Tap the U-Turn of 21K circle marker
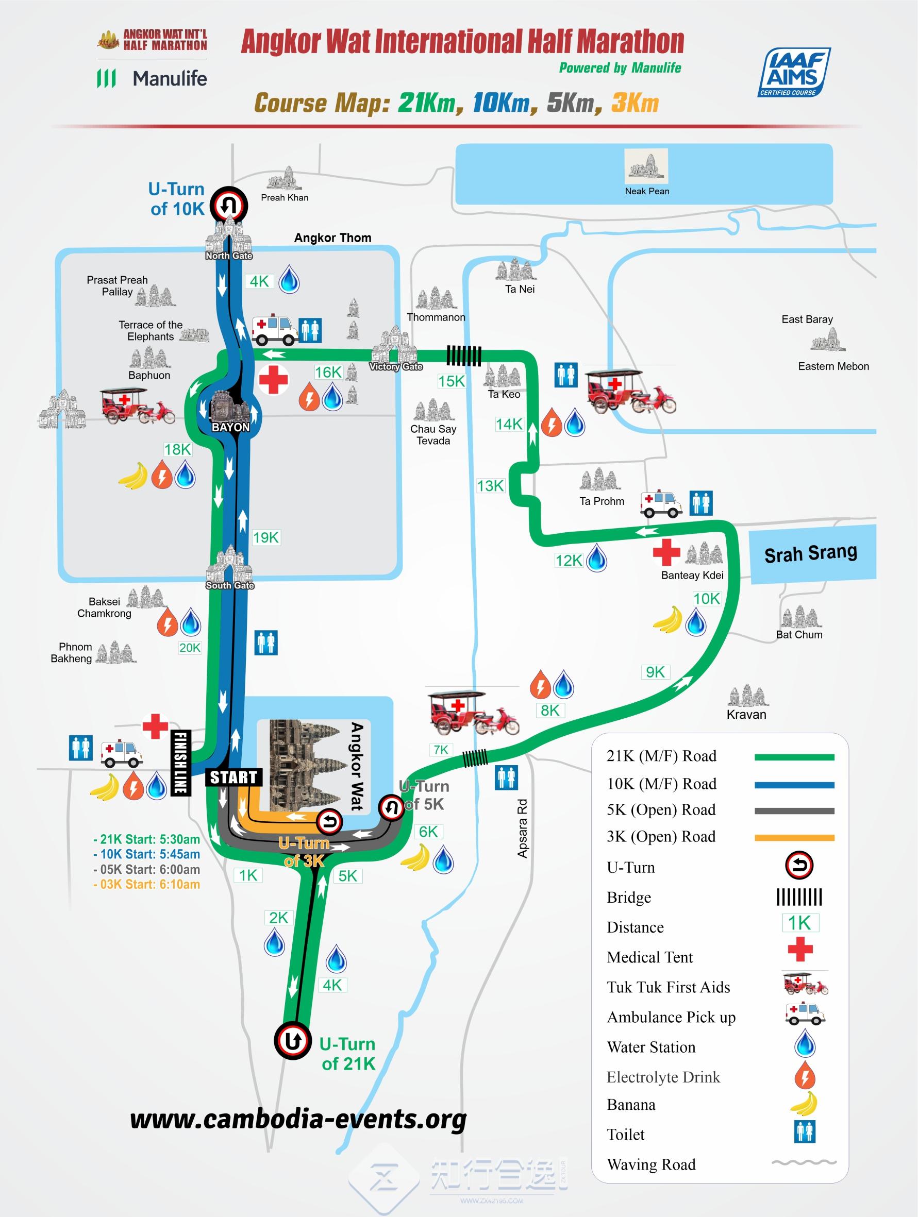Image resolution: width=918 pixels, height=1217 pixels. [x=293, y=1040]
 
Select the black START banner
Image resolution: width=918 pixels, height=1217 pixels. [x=234, y=777]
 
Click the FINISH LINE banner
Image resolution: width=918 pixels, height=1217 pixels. [x=180, y=762]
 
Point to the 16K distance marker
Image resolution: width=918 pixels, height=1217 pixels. [x=328, y=373]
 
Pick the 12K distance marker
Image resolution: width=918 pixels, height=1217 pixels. [x=569, y=560]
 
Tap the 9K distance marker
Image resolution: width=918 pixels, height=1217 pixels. [x=655, y=672]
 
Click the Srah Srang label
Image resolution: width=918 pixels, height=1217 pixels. [x=811, y=553]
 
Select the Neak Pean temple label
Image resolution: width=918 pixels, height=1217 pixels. [x=647, y=191]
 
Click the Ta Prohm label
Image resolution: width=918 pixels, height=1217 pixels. [x=602, y=501]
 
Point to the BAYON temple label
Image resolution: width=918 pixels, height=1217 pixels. [x=230, y=428]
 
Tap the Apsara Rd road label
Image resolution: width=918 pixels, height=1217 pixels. [x=522, y=828]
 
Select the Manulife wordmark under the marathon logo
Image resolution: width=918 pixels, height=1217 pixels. [x=170, y=78]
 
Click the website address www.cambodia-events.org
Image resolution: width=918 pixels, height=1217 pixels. [x=298, y=1119]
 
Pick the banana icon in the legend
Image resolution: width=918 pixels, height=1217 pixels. [x=804, y=1104]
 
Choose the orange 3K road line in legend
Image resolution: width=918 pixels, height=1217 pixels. [x=794, y=838]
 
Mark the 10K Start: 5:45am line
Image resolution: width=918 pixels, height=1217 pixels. [x=146, y=854]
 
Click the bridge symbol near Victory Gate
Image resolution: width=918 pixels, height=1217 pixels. [x=463, y=356]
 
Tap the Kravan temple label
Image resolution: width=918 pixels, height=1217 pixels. [x=746, y=714]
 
